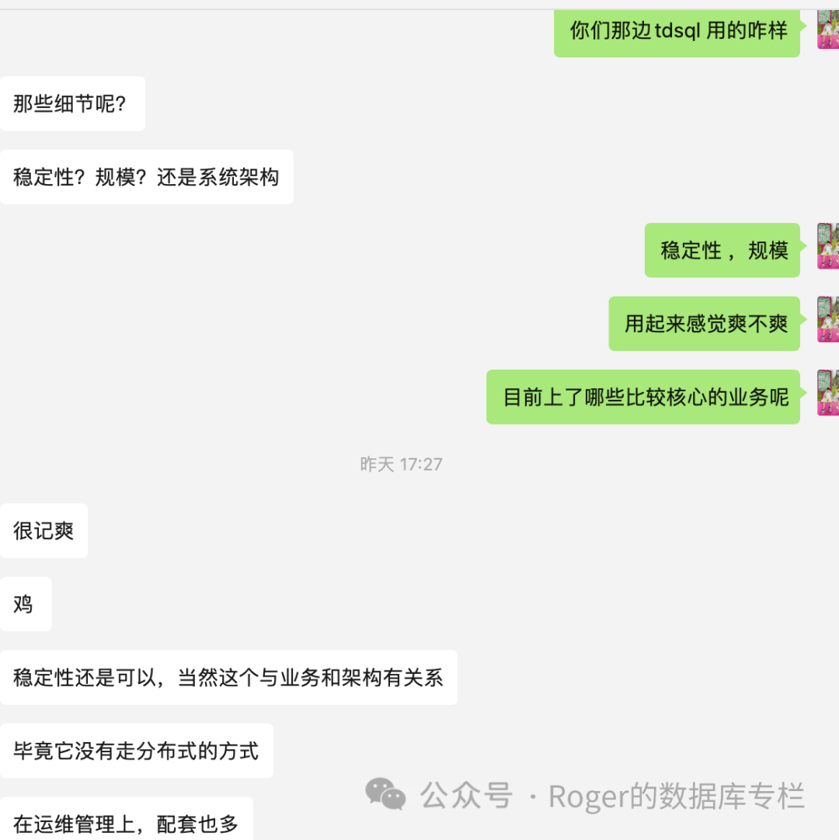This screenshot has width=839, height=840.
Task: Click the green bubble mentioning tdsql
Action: (677, 32)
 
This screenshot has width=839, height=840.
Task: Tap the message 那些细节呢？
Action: (72, 103)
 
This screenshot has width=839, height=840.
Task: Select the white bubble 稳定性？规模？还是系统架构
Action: (146, 177)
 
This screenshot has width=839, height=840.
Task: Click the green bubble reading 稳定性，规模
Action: (722, 250)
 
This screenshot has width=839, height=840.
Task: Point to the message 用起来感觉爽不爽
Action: (704, 323)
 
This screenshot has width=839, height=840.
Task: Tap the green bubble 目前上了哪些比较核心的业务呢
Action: (642, 397)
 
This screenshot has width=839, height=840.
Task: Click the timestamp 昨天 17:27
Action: (401, 464)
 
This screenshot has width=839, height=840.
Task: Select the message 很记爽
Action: (44, 530)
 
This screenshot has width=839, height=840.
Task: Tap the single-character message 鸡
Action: (26, 603)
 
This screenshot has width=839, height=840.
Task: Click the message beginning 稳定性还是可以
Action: (228, 677)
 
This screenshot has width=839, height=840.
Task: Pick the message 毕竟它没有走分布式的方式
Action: (136, 751)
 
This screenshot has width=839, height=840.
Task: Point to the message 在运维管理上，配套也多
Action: (126, 821)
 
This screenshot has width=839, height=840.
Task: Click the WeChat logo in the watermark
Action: (386, 794)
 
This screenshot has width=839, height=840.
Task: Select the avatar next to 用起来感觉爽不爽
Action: (827, 319)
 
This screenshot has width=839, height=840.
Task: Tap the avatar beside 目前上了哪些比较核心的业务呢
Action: (827, 393)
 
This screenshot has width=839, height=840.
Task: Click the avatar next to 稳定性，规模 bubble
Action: (827, 246)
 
